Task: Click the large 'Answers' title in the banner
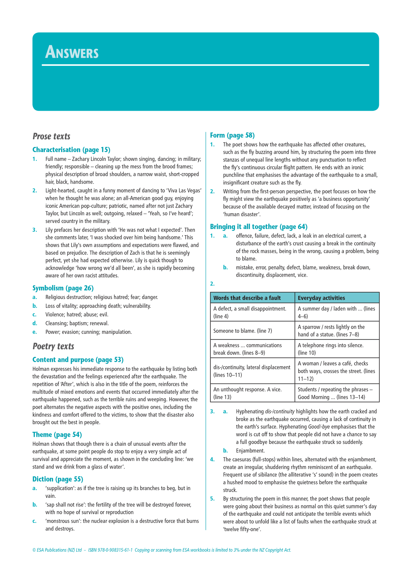click(72, 52)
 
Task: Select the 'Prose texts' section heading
click(51, 136)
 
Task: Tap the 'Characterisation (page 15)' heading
click(71, 150)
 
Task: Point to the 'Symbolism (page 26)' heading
click(63, 288)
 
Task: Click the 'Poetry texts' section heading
click(53, 346)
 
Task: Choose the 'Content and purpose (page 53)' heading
click(78, 360)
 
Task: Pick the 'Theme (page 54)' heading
click(57, 435)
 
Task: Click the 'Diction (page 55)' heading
click(58, 479)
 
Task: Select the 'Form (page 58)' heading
click(232, 135)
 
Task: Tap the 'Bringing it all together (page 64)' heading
click(259, 227)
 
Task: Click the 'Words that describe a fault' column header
click(247, 298)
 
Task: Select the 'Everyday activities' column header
click(321, 298)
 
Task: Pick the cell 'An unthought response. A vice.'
click(247, 393)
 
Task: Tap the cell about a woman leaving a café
click(336, 371)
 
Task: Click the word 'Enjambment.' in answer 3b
click(250, 451)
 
